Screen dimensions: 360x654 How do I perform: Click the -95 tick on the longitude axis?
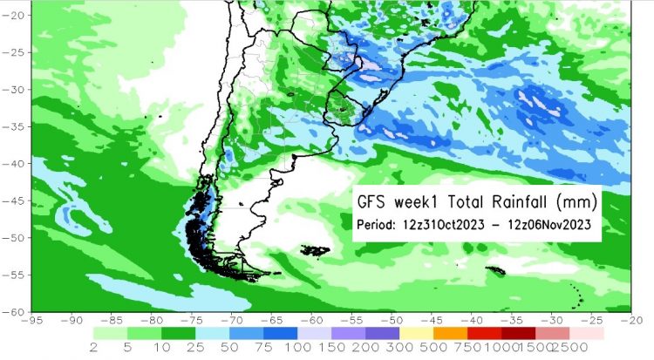32,321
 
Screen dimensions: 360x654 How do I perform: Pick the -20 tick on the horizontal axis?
630,321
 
